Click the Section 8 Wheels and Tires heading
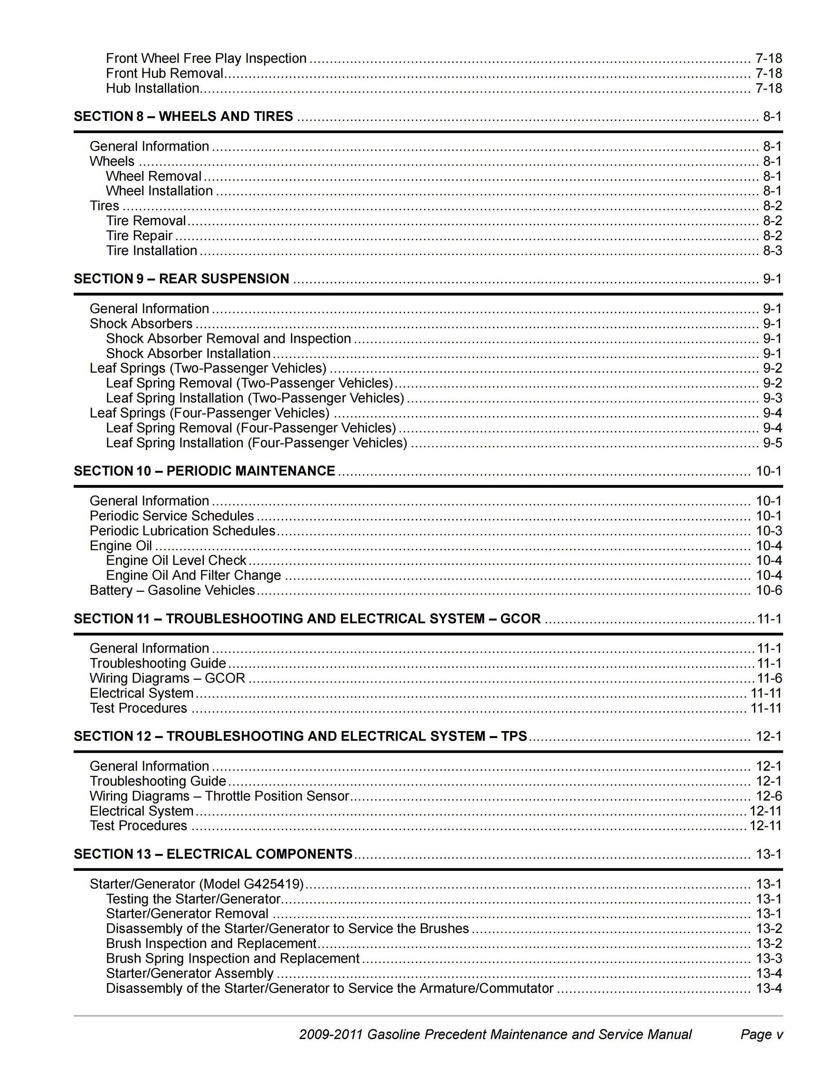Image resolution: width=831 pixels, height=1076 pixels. (x=183, y=116)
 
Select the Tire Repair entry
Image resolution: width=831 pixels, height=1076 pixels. (x=140, y=236)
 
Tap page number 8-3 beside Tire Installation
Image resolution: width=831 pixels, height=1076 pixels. (x=772, y=251)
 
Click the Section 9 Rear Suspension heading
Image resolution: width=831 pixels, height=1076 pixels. (x=181, y=279)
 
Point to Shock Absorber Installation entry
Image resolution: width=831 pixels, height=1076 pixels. (x=188, y=354)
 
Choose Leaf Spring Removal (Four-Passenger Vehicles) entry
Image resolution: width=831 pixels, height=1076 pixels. (x=251, y=428)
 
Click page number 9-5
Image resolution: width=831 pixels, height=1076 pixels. (x=772, y=443)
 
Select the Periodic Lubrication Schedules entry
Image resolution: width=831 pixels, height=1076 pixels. (x=182, y=530)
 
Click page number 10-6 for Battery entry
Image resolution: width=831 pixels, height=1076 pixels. (x=769, y=590)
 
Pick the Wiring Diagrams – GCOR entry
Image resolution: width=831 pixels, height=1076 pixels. (x=167, y=678)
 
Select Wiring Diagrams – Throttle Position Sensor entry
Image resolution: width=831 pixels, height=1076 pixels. (x=219, y=796)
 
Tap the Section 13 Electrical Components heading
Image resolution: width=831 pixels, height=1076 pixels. (x=213, y=854)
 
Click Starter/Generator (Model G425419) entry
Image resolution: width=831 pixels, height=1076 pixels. (x=197, y=884)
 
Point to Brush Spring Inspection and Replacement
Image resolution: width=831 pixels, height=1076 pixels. (x=232, y=958)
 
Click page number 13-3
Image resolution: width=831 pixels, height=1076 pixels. (x=769, y=958)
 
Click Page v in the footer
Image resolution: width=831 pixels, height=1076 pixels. (x=761, y=1034)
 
